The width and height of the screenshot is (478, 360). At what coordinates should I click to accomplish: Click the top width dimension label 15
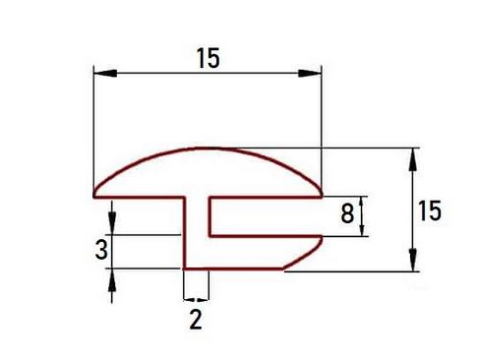[x=208, y=58]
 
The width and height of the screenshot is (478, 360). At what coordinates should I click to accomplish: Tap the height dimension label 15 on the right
[x=430, y=211]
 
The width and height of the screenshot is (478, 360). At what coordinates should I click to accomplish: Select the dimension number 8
[x=347, y=213]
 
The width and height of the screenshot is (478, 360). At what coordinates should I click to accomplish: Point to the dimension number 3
[x=101, y=249]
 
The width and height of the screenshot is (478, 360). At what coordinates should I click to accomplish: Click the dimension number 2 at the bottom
[x=196, y=320]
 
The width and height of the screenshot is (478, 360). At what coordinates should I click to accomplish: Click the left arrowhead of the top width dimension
[x=105, y=73]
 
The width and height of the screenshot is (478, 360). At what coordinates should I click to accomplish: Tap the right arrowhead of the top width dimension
[x=310, y=73]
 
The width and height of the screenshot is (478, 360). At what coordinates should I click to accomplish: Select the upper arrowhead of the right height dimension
[x=413, y=159]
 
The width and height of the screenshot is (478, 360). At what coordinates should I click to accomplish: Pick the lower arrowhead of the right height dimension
[x=413, y=260]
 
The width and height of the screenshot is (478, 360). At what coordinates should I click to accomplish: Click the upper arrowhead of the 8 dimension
[x=362, y=201]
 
